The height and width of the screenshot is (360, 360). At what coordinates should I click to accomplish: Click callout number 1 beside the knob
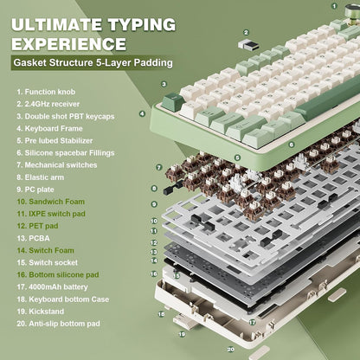coord(334,8)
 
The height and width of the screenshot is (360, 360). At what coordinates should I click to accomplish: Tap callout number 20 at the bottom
coord(231,350)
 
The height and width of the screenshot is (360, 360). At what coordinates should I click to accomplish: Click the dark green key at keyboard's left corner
coord(172,102)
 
